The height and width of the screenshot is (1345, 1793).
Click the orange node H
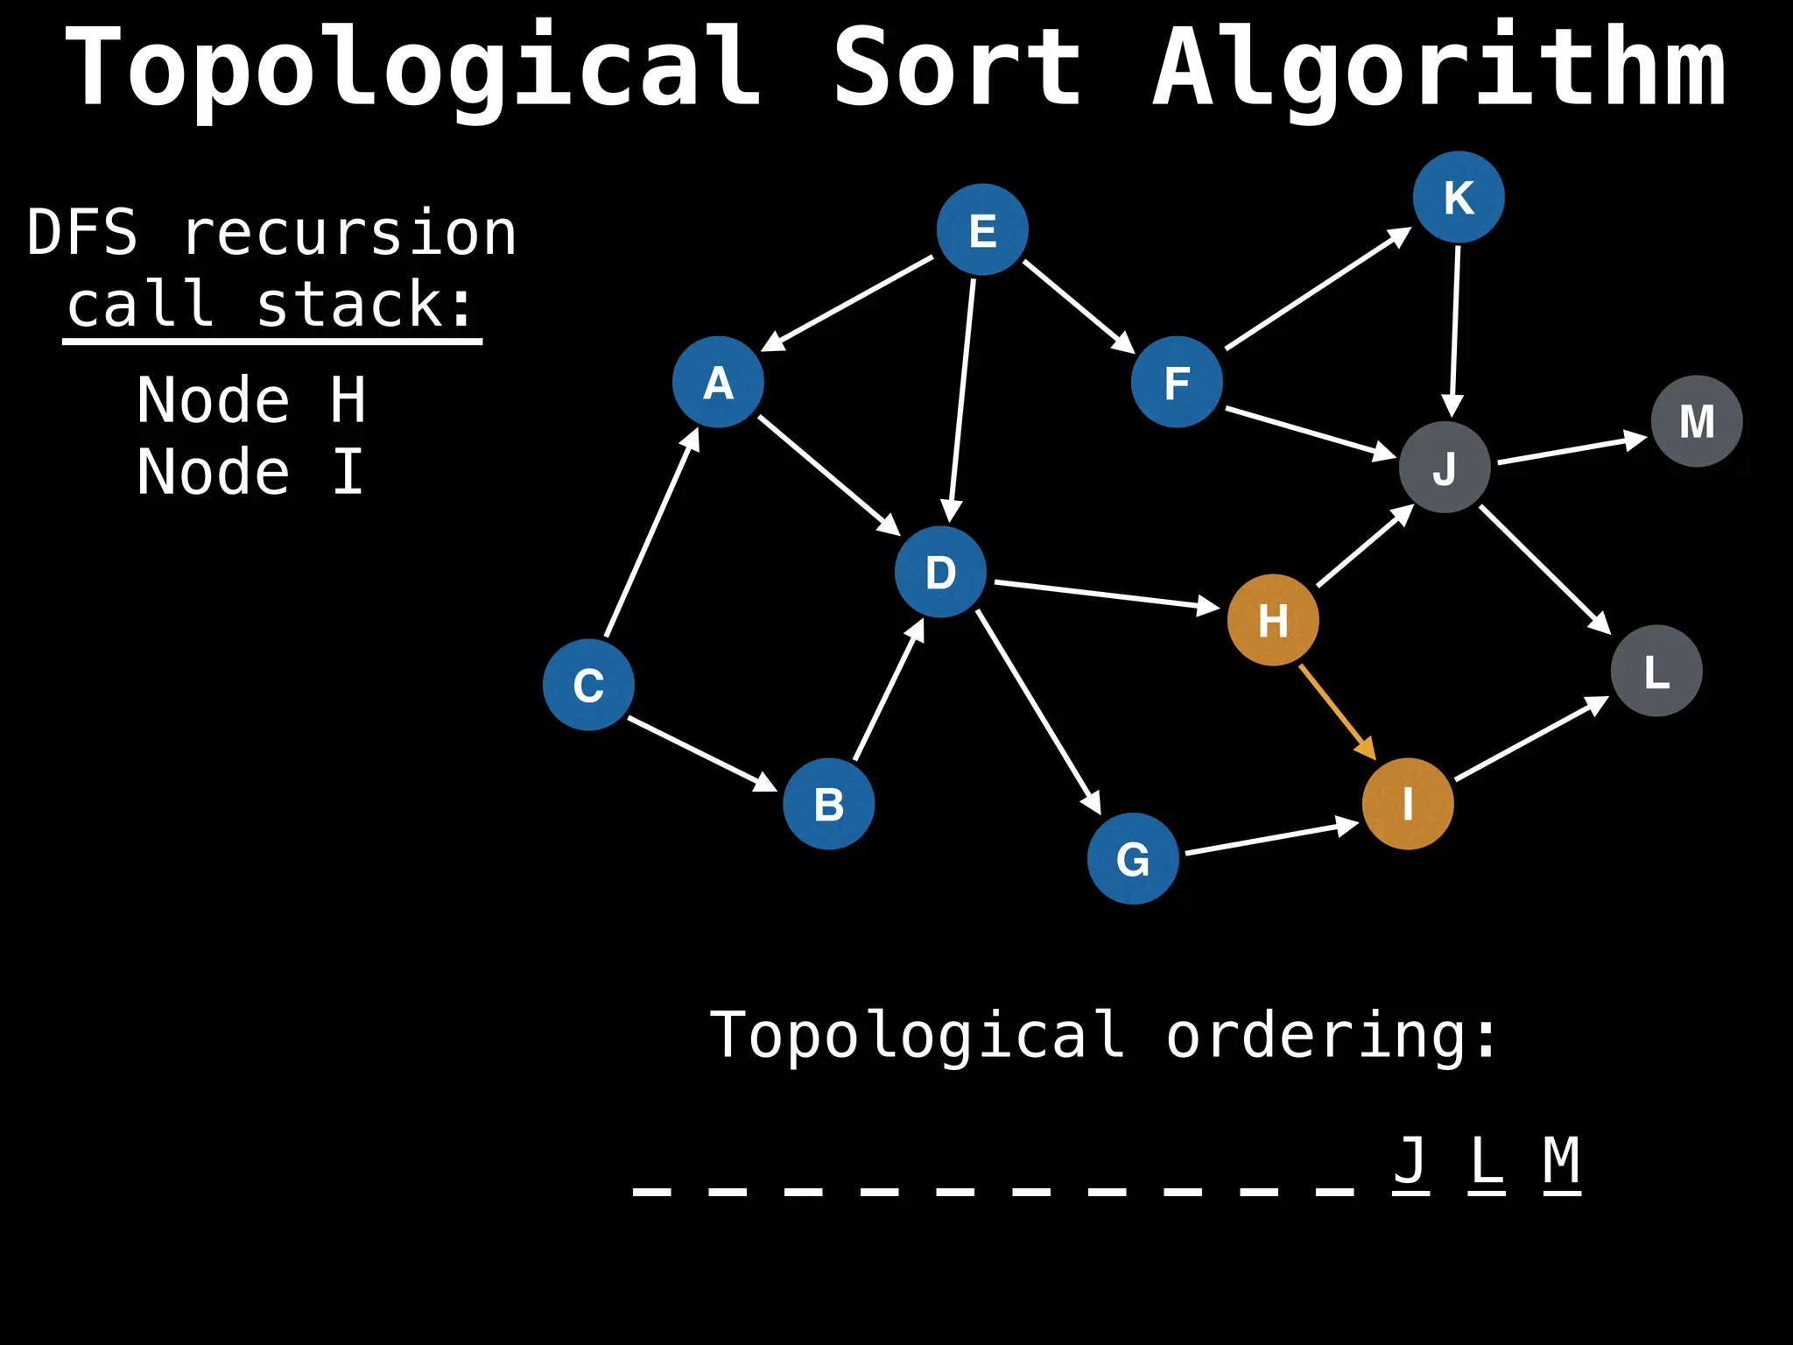[x=1273, y=620]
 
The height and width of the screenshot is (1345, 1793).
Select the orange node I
[x=1408, y=804]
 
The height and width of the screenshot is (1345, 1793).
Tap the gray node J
[x=1445, y=467]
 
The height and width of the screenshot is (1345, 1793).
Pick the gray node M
[x=1697, y=421]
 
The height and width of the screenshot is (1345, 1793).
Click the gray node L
[x=1656, y=671]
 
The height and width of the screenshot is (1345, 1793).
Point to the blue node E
[x=982, y=229]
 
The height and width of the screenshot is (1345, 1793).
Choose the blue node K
[x=1459, y=197]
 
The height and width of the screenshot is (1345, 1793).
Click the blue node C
[x=588, y=685]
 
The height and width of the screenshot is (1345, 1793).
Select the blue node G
[x=1133, y=858]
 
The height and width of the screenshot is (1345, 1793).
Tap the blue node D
[x=940, y=572]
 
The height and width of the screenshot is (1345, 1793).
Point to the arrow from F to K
[x=1318, y=289]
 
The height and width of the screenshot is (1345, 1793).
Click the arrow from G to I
[x=1269, y=838]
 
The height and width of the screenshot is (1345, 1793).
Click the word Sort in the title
[x=956, y=68]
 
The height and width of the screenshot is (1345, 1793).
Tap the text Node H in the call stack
[x=251, y=400]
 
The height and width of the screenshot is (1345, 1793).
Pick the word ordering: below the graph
[x=1331, y=1035]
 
